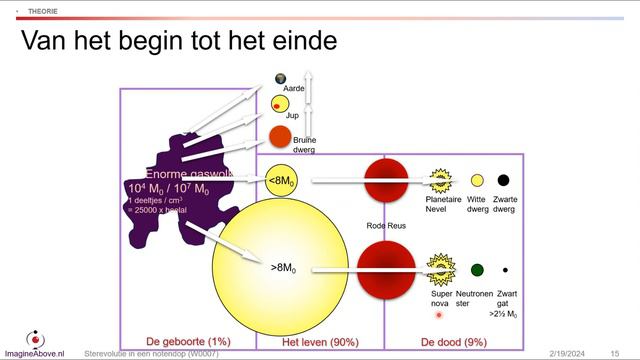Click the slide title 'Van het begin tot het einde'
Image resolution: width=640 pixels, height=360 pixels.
coord(179,42)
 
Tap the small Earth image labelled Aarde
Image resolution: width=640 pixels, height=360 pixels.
coord(281,79)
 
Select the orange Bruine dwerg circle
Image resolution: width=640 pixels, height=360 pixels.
coord(280,136)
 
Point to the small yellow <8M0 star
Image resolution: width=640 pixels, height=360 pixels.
coord(281,180)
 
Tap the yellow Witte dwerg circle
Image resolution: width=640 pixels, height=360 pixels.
coord(478,180)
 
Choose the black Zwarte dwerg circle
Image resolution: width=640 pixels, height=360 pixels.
coord(504,180)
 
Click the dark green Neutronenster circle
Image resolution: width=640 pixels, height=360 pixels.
coord(477,269)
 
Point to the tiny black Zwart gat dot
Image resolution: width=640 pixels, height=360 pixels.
coord(505,270)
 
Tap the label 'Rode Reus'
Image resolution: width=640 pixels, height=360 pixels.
coord(387,226)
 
